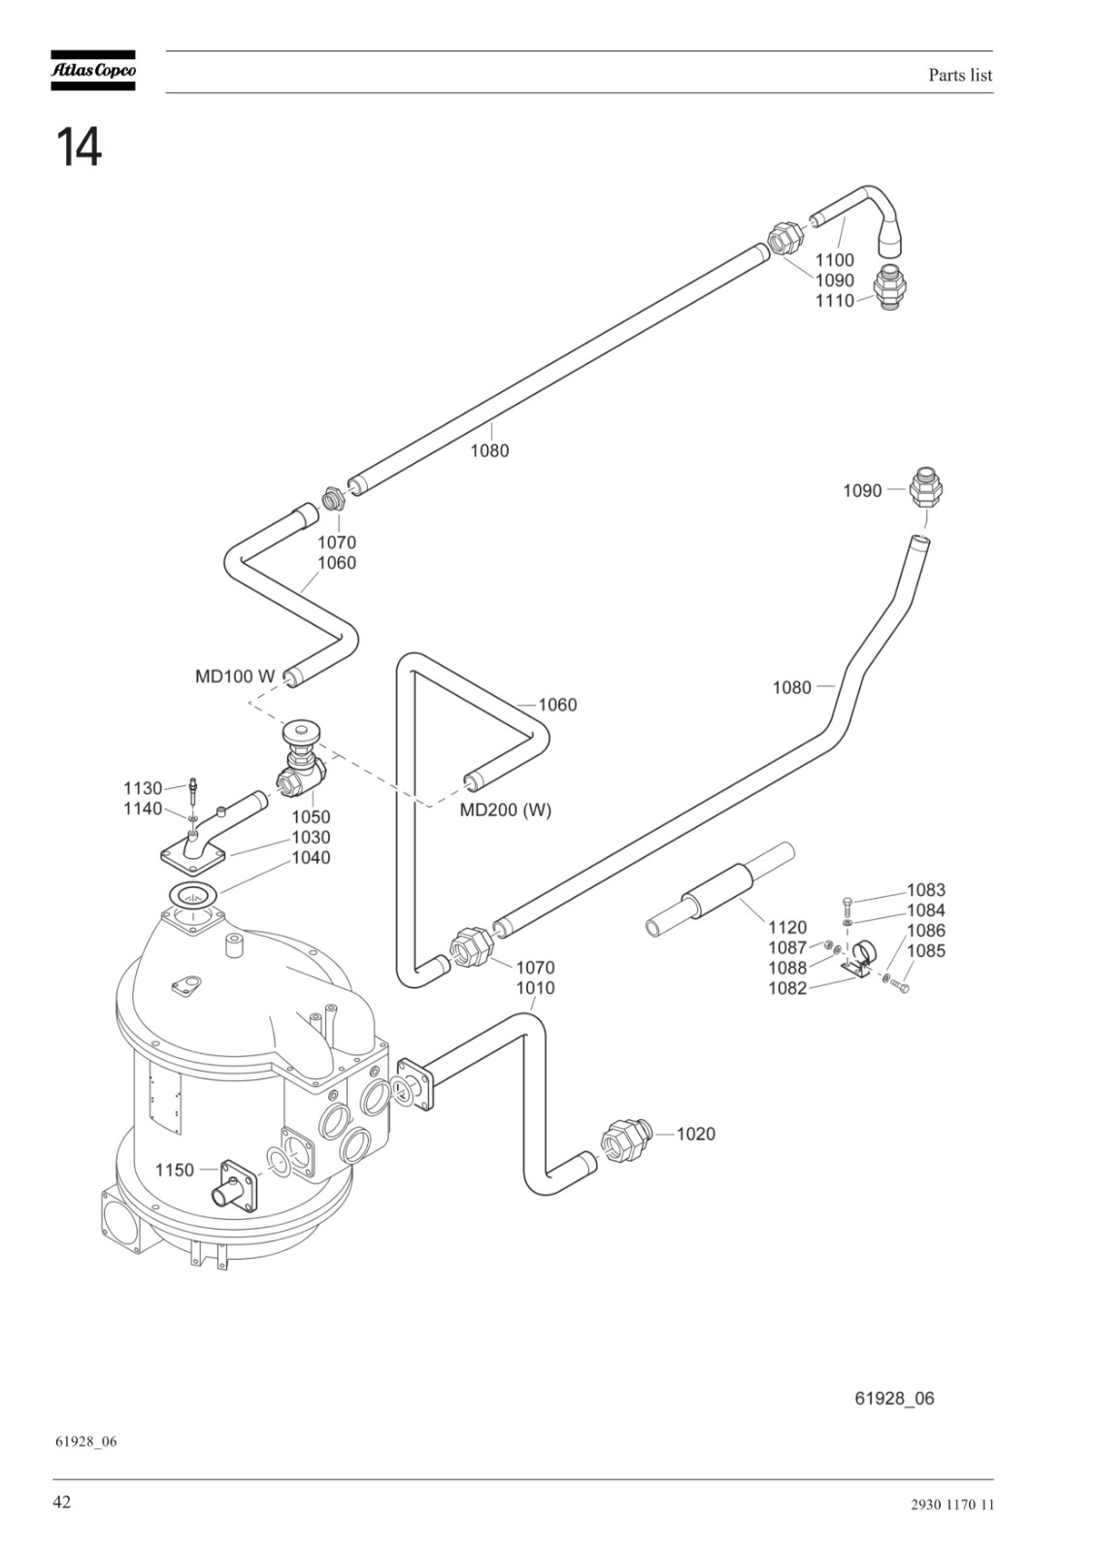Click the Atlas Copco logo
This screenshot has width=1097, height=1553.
tap(93, 70)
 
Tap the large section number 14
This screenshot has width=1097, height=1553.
tap(79, 147)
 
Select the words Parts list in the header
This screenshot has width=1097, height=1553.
tap(960, 75)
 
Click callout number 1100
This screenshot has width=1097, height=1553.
tap(834, 260)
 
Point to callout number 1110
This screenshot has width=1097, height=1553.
tap(834, 301)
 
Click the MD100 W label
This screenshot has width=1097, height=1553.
tap(235, 676)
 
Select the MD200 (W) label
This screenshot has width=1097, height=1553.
tap(506, 810)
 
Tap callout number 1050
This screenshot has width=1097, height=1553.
tap(311, 816)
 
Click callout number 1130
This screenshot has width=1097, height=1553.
tap(143, 788)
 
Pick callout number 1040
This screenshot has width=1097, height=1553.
tap(311, 858)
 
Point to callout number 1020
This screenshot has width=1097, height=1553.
tap(695, 1134)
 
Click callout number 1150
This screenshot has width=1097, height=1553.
tap(175, 1171)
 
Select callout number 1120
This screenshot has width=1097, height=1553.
tap(787, 927)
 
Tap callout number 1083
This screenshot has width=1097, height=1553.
tap(926, 889)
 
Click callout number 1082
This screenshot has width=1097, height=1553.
tap(787, 988)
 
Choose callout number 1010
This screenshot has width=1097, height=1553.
tap(535, 987)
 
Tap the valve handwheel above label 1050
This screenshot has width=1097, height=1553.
tap(300, 732)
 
